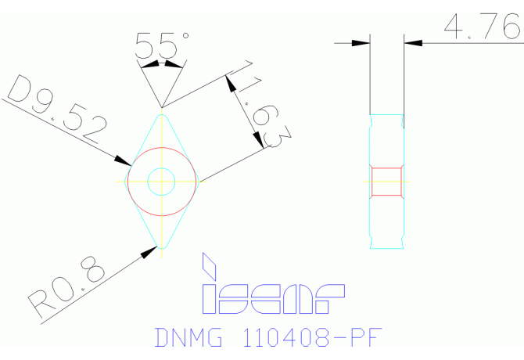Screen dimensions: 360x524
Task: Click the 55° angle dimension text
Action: [x=161, y=45]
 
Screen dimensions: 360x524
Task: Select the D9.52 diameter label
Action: [x=55, y=115]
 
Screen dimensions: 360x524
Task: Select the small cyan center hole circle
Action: [x=161, y=181]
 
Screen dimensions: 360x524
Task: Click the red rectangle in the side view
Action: [x=386, y=181]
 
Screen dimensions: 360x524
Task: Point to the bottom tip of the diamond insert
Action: [x=161, y=248]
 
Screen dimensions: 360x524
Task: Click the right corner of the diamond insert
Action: [x=201, y=181]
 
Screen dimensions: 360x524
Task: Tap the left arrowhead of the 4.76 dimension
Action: [x=361, y=42]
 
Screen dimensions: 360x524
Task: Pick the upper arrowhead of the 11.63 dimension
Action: [x=231, y=81]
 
